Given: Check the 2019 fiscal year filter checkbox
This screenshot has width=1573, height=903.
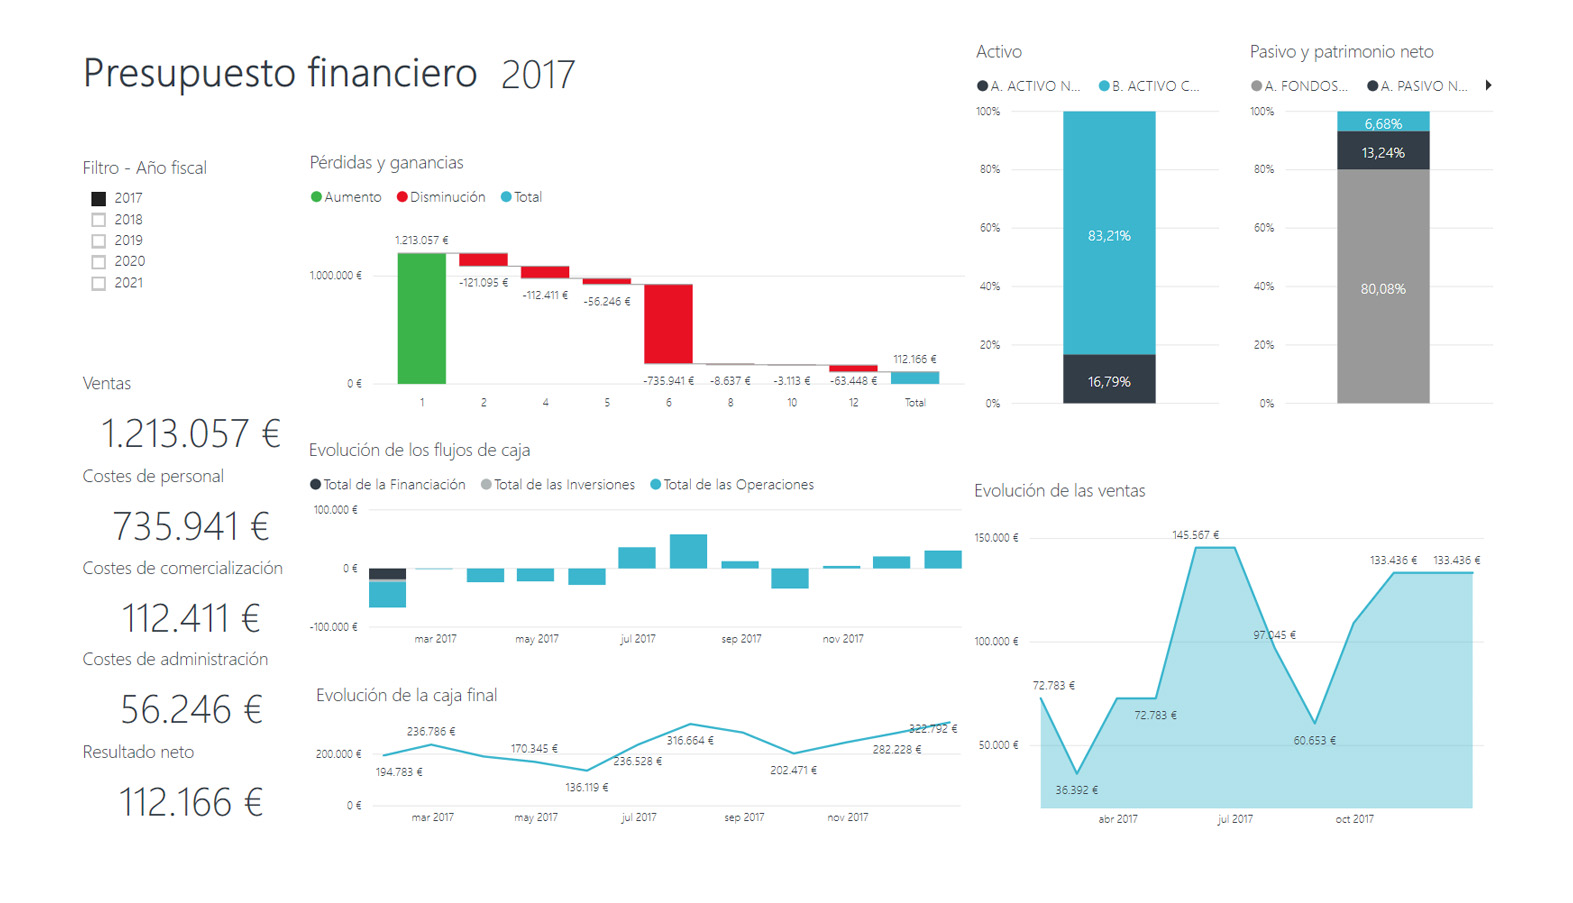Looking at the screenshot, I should [x=98, y=241].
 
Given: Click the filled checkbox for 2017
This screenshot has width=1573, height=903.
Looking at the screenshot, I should [x=98, y=199].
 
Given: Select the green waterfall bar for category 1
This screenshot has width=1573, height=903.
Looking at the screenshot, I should [x=421, y=318].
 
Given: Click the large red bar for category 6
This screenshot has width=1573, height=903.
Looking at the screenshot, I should [x=668, y=323].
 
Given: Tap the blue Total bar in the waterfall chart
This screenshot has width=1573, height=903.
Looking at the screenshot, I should [x=914, y=377].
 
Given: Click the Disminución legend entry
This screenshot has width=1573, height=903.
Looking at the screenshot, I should [x=441, y=197].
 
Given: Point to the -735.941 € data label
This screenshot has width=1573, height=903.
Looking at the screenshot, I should [x=668, y=381].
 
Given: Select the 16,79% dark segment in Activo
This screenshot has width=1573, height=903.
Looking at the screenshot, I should [x=1108, y=379].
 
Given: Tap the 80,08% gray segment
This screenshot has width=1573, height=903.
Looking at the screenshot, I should [x=1382, y=287].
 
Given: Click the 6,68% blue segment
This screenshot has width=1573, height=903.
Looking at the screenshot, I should [x=1382, y=122].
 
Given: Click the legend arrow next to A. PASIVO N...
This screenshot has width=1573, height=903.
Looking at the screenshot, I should [x=1488, y=86].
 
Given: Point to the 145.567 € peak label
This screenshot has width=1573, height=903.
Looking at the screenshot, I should [x=1195, y=535].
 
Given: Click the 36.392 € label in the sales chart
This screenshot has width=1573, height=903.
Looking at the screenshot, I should [x=1076, y=790].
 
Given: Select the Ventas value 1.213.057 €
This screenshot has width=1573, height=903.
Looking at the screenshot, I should [x=190, y=433].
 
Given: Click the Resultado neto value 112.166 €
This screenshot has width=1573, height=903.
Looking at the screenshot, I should [x=190, y=802].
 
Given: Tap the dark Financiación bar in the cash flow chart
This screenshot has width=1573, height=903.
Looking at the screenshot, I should [x=387, y=574].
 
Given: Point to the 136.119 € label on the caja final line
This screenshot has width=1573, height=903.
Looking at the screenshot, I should [x=586, y=788].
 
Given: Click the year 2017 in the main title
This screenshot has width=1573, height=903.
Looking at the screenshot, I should [x=538, y=75].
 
